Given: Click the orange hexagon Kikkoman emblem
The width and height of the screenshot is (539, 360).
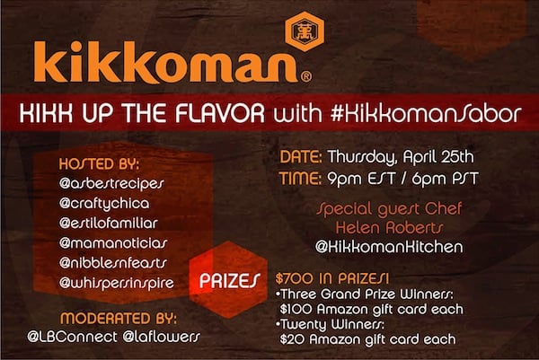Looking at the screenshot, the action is tap(305, 31).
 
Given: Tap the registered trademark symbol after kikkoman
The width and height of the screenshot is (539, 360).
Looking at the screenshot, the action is tap(306, 76).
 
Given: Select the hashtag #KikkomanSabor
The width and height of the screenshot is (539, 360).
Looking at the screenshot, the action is tap(426, 113).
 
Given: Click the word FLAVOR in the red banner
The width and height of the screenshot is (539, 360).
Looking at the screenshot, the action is tap(220, 113).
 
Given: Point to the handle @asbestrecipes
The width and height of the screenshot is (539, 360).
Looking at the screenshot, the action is tap(111, 183).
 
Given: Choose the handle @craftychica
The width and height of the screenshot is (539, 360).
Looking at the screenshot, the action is tap(104, 204).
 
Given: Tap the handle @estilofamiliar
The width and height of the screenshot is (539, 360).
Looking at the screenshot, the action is tap(109, 224).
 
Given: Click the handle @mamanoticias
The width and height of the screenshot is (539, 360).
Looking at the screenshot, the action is tap(113, 243).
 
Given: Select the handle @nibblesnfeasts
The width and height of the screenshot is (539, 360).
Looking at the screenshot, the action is tap(113, 263).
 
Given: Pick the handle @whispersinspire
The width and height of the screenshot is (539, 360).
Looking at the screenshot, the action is tap(117, 284).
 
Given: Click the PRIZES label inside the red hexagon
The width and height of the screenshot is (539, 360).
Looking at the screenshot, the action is tap(230, 281).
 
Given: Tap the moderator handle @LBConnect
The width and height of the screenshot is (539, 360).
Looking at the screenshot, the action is tap(72, 337).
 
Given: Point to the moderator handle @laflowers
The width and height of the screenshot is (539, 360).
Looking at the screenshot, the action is tap(161, 337).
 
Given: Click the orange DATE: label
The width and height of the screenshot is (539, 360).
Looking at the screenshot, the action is tap(301, 157).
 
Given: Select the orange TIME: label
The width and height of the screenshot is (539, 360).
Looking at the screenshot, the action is tap(300, 179).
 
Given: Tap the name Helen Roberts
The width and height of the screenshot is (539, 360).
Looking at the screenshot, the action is tap(390, 228).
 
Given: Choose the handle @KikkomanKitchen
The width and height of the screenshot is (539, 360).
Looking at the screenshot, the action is tap(389, 247).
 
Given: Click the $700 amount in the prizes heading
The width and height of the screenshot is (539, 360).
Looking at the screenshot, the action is tap(295, 278).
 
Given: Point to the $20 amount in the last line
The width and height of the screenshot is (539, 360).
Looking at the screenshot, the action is tap(291, 339).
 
